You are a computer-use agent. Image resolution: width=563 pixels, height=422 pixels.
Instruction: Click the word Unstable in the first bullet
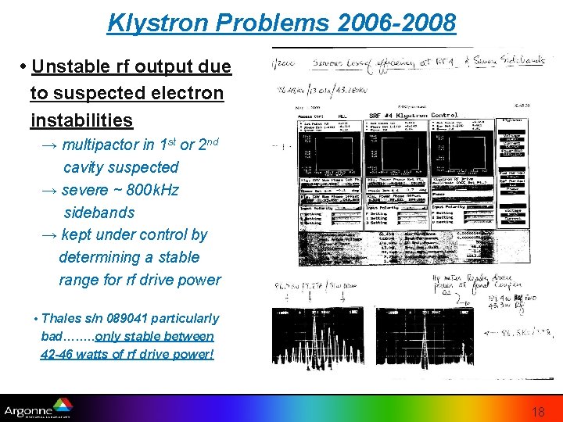coord(72,66)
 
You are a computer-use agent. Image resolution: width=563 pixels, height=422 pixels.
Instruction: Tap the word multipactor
coord(103,145)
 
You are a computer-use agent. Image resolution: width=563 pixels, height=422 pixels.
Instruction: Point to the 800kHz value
coord(152,190)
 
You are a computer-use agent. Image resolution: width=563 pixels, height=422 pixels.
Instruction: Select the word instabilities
coord(81,120)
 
